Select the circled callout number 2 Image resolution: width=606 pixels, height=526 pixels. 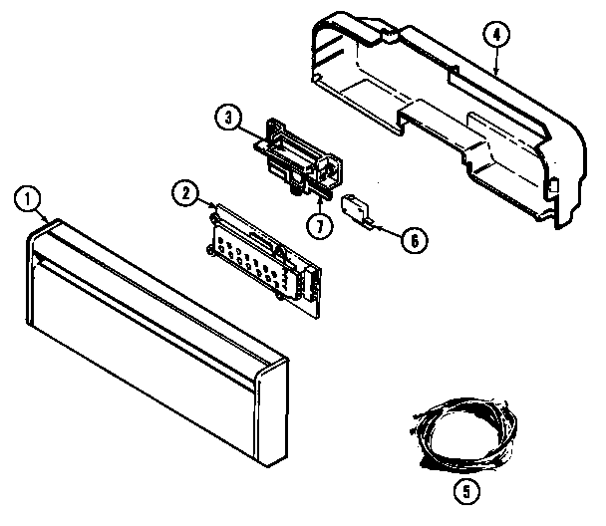point(181,192)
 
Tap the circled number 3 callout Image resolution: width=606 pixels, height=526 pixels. point(229,119)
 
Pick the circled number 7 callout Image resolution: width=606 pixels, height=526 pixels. point(318,224)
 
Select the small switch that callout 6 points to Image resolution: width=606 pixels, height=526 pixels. point(355,209)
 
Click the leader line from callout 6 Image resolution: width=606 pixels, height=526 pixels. point(384,231)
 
